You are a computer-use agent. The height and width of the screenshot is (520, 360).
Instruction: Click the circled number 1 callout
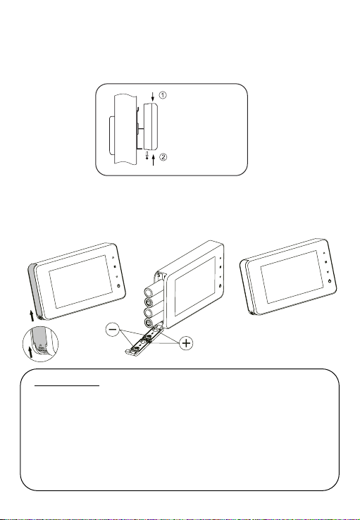[x=163, y=95]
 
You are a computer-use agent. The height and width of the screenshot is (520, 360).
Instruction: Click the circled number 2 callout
[x=163, y=157]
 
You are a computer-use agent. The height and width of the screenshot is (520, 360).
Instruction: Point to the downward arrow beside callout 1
[x=152, y=97]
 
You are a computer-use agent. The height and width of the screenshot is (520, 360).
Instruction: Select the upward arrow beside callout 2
[x=154, y=161]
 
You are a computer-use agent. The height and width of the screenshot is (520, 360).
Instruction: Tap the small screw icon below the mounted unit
[x=147, y=156]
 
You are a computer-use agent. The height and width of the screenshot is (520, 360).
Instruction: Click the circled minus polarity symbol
[x=113, y=329]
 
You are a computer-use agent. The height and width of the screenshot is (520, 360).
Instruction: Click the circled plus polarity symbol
[x=187, y=343]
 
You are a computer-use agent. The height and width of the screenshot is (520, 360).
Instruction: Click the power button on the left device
[x=118, y=285]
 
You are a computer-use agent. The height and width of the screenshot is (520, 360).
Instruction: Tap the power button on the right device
[x=330, y=281]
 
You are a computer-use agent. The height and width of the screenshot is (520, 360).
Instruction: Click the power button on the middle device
[x=220, y=285]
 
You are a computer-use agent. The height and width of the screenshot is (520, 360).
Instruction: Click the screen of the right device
[x=292, y=277]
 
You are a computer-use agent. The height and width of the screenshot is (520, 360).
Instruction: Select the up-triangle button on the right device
[x=324, y=252]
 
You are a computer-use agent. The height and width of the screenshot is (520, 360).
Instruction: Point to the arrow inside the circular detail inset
[x=31, y=352]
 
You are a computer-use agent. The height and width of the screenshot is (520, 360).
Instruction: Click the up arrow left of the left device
[x=32, y=316]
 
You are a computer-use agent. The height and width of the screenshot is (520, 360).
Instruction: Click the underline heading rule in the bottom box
[x=67, y=385]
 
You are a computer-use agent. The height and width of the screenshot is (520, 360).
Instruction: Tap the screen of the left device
[x=80, y=282]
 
